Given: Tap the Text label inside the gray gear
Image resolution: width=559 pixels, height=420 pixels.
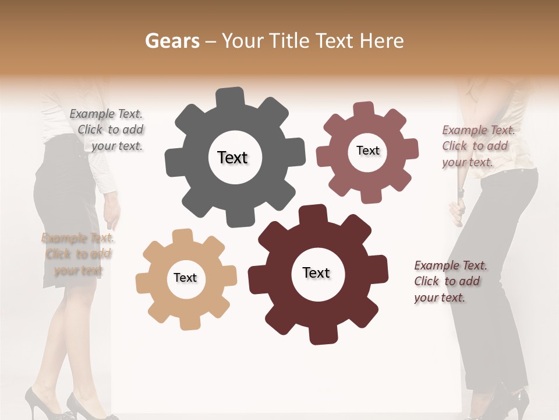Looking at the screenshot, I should (x=232, y=157).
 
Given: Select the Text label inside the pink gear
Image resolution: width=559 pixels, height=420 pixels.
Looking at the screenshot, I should (x=367, y=150).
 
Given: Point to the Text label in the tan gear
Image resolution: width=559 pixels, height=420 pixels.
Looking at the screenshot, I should (x=185, y=278).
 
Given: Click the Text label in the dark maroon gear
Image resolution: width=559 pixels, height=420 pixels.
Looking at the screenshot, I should (x=316, y=272).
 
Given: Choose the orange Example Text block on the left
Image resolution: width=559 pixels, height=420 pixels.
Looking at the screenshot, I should (x=77, y=254).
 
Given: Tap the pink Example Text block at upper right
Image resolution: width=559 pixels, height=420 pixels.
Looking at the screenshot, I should (x=477, y=146).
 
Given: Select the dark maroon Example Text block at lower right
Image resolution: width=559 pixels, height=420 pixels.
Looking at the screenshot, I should (x=450, y=281).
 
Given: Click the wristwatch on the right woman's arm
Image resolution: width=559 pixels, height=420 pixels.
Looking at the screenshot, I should (x=461, y=191).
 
